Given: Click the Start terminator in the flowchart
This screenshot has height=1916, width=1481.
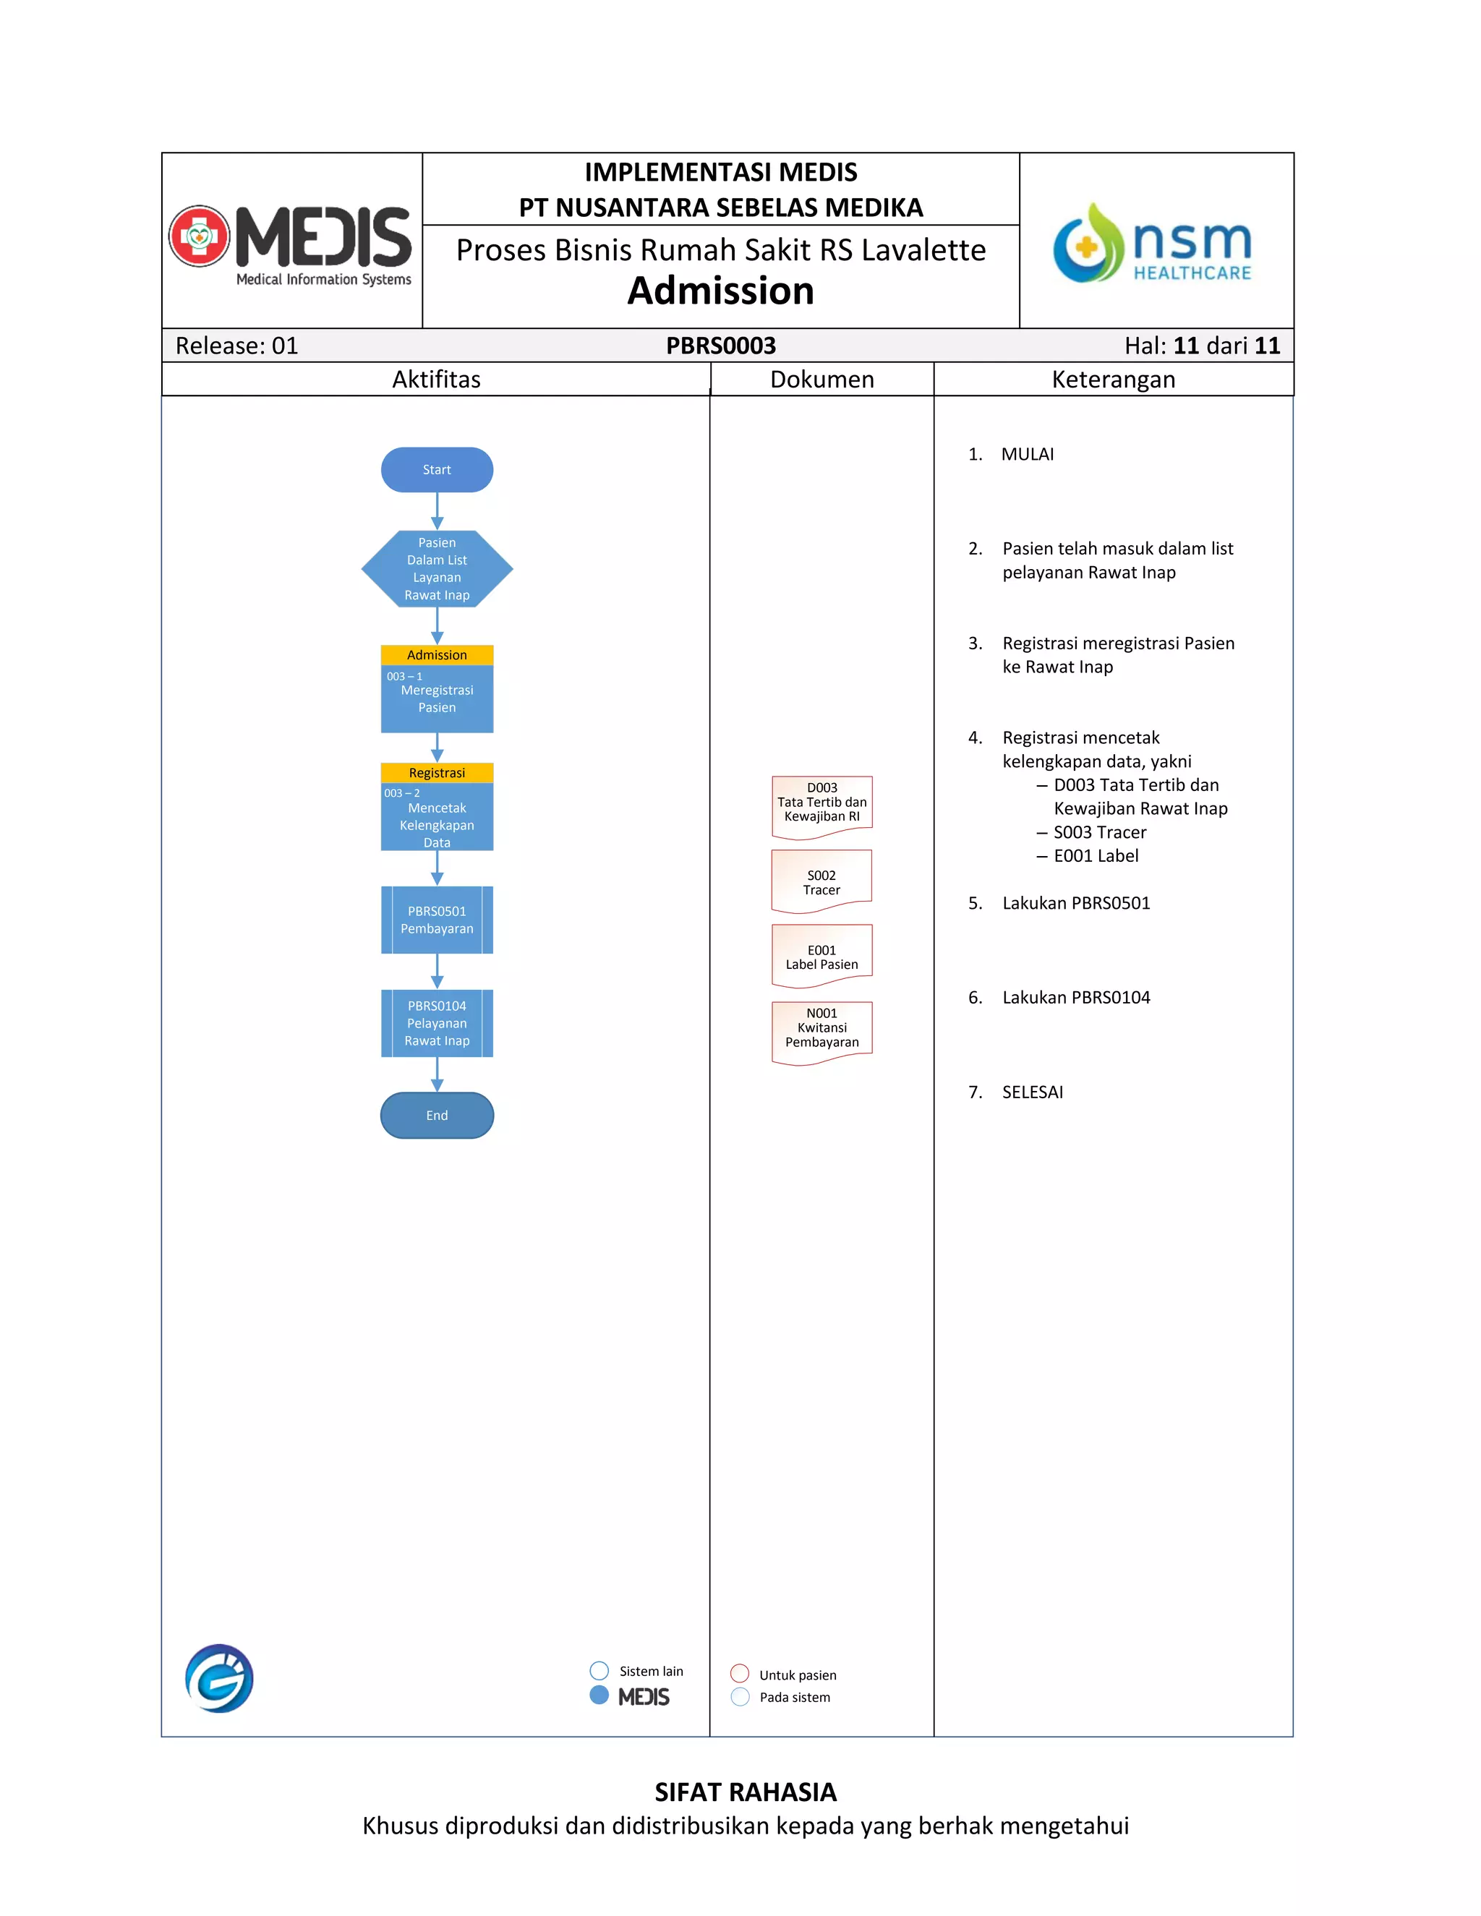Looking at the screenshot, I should pyautogui.click(x=437, y=469).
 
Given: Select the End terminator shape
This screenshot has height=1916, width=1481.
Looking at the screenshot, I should pyautogui.click(x=437, y=1115).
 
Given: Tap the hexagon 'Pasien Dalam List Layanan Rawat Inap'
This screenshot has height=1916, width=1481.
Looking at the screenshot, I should pyautogui.click(x=437, y=568).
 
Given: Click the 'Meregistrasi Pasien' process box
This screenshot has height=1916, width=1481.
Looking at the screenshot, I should pyautogui.click(x=437, y=698).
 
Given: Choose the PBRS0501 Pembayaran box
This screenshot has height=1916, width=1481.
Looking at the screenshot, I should pyautogui.click(x=437, y=920).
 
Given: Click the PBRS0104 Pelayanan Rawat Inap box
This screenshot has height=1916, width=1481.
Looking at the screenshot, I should pyautogui.click(x=437, y=1023).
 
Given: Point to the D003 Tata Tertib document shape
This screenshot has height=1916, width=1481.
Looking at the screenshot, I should pyautogui.click(x=822, y=805).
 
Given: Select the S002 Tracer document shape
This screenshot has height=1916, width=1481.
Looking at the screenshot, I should pyautogui.click(x=822, y=881).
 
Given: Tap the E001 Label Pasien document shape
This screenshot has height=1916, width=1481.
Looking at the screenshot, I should pyautogui.click(x=822, y=955).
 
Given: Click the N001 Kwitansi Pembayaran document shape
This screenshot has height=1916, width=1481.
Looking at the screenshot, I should pyautogui.click(x=822, y=1031).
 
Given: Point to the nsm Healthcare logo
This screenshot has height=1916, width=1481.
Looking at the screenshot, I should pyautogui.click(x=1155, y=243).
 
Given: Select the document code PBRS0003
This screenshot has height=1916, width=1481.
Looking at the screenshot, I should pyautogui.click(x=720, y=346).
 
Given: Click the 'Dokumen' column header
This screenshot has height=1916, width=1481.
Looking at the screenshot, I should pyautogui.click(x=822, y=379).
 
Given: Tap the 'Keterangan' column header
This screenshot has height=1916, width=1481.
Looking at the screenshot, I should pyautogui.click(x=1114, y=379).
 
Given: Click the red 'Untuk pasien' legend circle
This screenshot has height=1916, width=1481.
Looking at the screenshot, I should pyautogui.click(x=740, y=1674).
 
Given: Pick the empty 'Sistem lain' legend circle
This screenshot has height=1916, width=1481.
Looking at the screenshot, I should pyautogui.click(x=599, y=1670).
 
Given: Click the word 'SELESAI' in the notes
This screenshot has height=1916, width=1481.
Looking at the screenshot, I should pyautogui.click(x=1033, y=1092).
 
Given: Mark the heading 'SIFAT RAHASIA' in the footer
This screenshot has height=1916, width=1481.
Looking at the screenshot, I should pyautogui.click(x=746, y=1792).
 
